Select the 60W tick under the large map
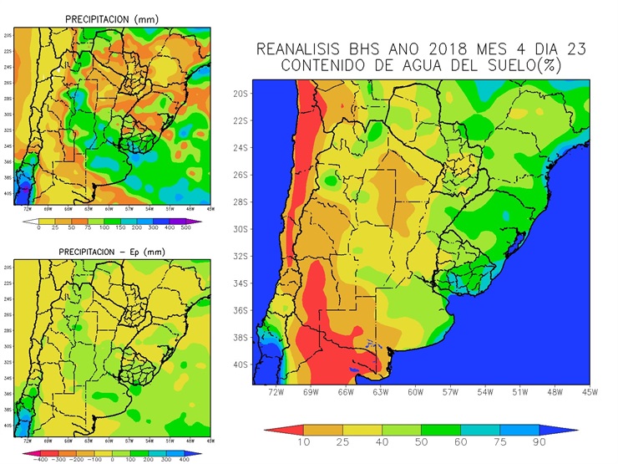415,391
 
